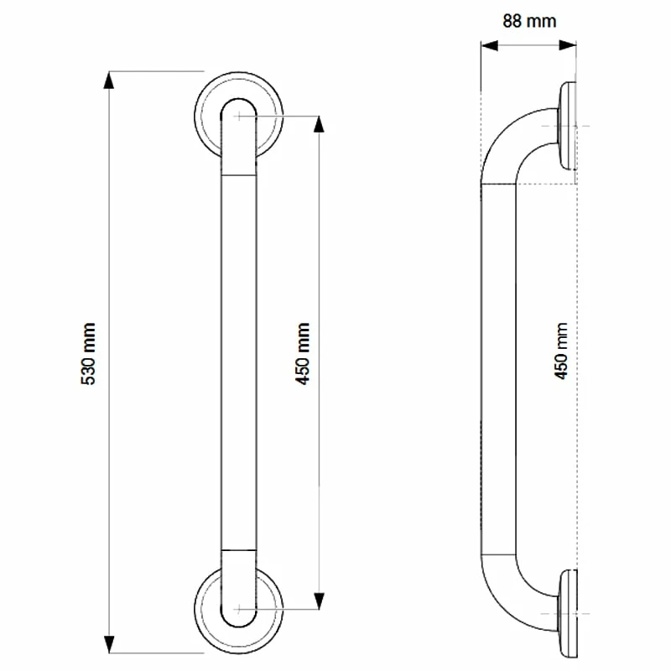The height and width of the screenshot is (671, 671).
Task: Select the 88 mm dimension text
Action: pos(528,21)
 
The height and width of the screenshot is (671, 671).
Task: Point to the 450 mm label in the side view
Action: pos(562,351)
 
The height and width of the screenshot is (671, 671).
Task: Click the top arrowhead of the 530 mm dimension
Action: pos(108,80)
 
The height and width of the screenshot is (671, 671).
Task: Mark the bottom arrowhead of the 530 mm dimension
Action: pos(108,645)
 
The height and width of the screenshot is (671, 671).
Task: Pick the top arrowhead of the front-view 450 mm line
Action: pos(318,122)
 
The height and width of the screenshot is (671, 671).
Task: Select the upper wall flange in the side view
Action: pos(568,126)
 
